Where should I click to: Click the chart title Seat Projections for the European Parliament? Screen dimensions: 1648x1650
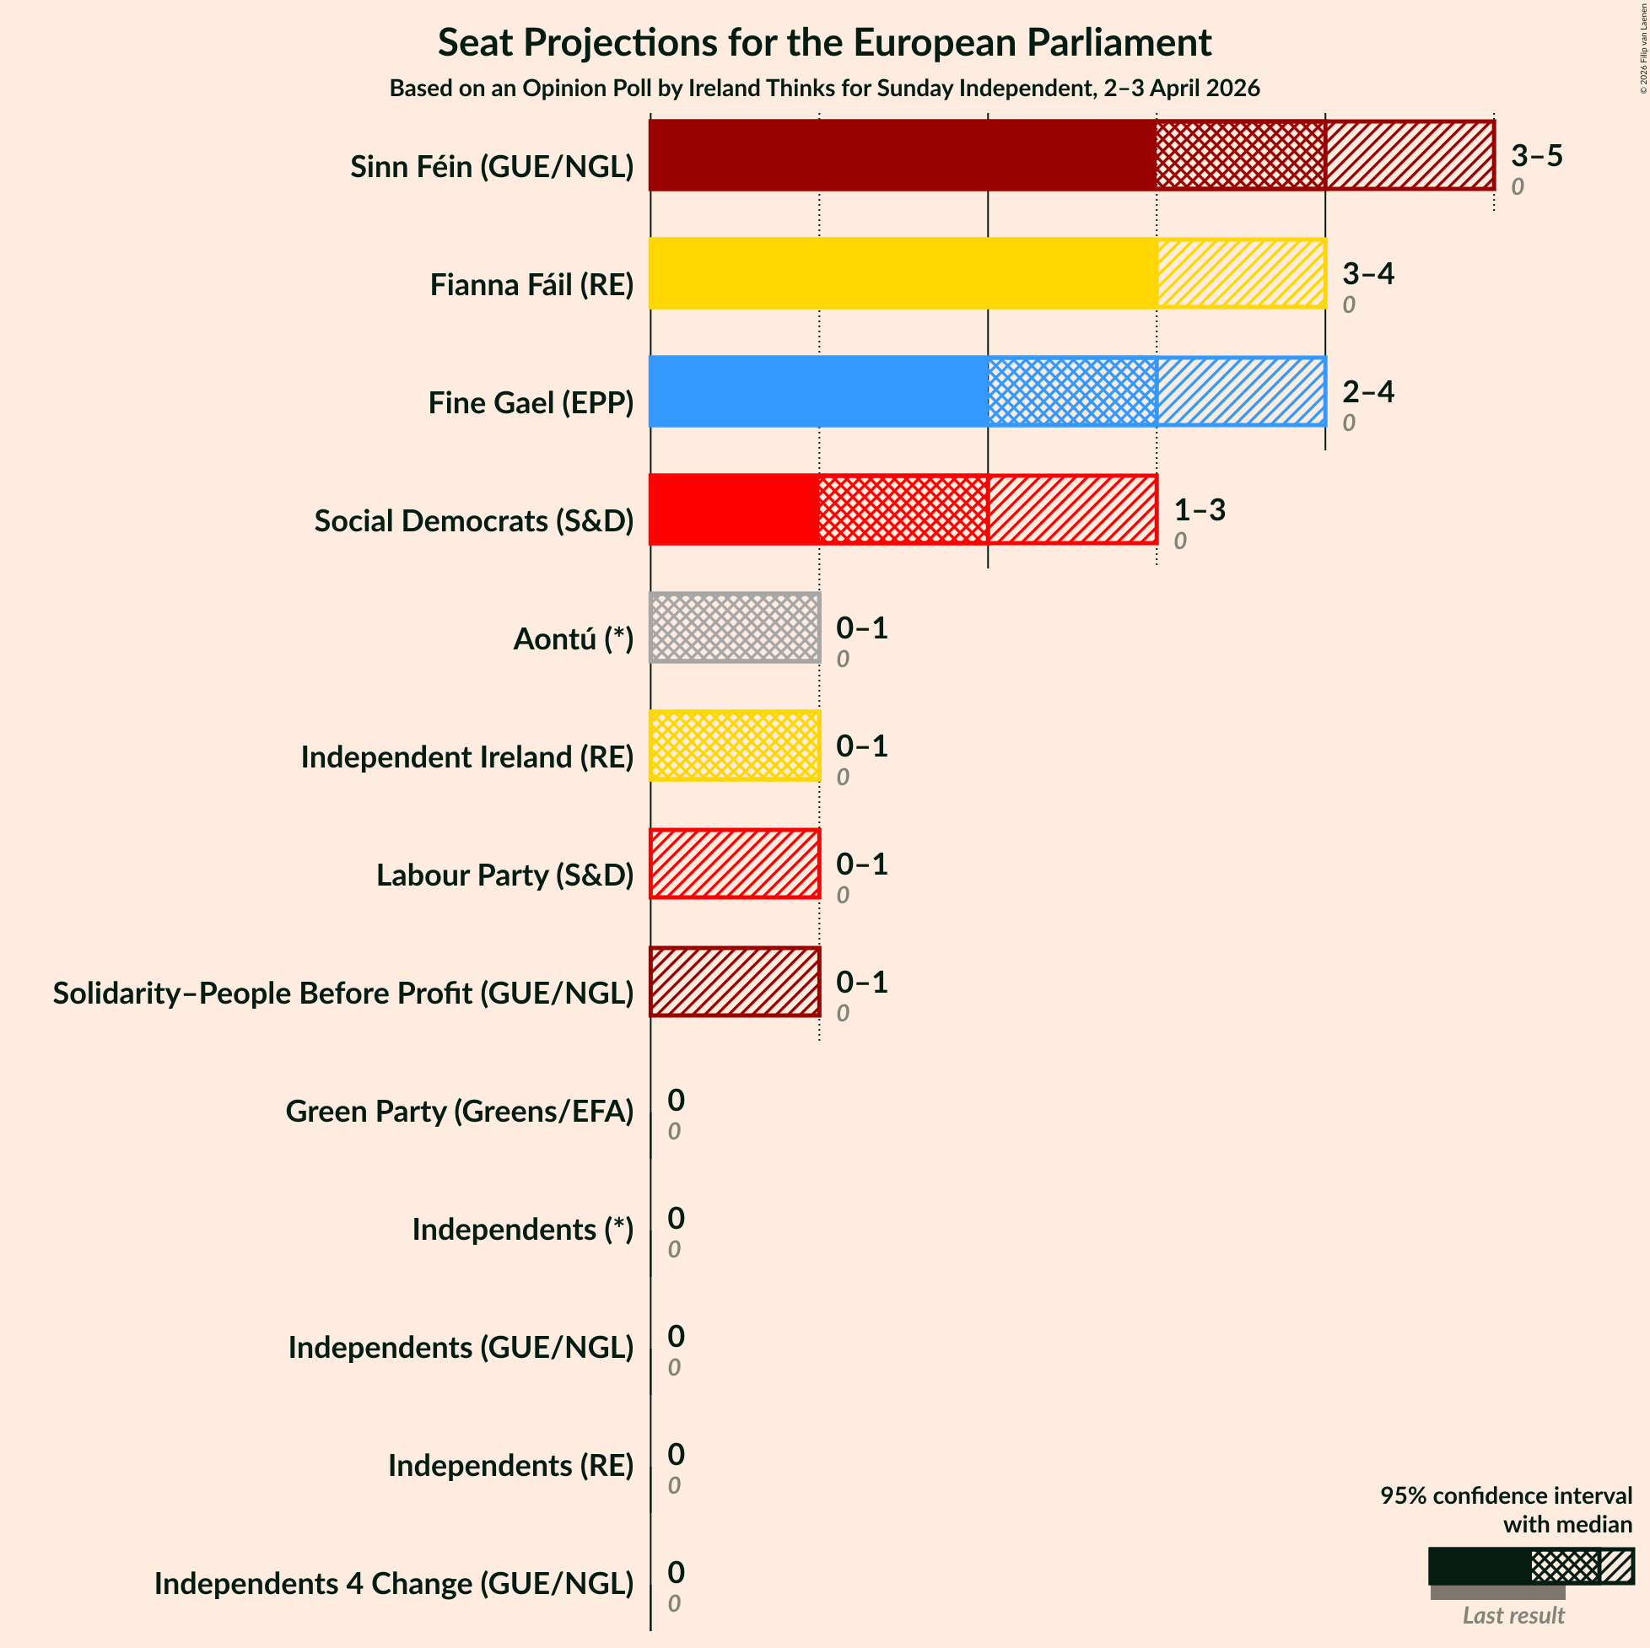tap(824, 43)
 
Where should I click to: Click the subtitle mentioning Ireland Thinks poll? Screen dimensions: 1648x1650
tap(824, 89)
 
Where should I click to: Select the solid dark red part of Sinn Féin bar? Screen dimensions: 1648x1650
tap(902, 155)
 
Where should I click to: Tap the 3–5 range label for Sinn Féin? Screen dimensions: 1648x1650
tap(1535, 155)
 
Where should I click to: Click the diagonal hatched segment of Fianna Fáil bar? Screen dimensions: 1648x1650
tap(1241, 273)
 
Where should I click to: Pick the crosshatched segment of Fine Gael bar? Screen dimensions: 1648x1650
tap(1072, 391)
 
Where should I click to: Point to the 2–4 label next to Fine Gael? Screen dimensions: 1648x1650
tap(1367, 391)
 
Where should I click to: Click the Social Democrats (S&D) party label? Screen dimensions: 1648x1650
tap(474, 521)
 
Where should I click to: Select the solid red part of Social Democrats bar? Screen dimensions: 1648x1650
tap(734, 509)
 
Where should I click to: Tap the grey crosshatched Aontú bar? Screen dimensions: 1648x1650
tap(735, 627)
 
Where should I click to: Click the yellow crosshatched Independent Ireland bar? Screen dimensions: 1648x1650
tap(735, 746)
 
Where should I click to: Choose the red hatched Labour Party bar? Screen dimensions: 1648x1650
tap(735, 864)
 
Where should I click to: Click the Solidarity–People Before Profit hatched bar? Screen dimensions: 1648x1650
tap(735, 981)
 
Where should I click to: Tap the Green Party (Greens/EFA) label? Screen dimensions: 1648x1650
tap(460, 1111)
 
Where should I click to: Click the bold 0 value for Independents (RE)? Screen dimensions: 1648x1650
tap(676, 1453)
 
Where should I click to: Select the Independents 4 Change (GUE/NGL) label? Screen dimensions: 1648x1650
tap(394, 1583)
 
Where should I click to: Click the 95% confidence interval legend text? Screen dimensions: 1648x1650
tap(1505, 1510)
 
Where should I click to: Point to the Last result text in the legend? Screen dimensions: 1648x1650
tap(1512, 1615)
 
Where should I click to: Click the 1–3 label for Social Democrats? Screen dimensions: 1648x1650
tap(1198, 509)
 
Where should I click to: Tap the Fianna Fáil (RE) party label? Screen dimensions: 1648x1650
tap(531, 284)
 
